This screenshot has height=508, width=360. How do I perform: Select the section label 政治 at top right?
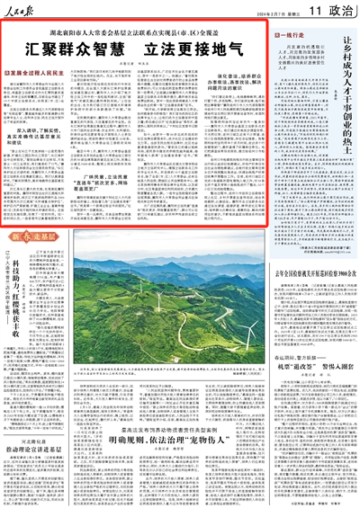coord(335,10)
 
